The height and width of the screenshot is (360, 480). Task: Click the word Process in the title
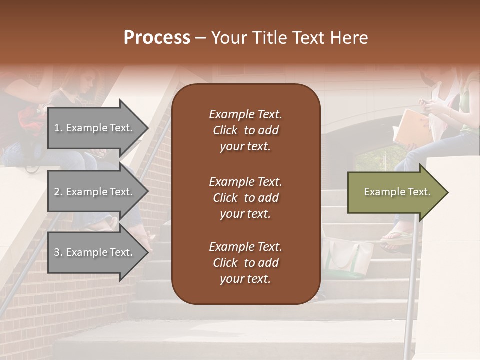[157, 38]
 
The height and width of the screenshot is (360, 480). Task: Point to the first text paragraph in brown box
[245, 130]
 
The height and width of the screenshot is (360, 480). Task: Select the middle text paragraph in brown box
[245, 198]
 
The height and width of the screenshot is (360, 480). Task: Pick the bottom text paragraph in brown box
[245, 263]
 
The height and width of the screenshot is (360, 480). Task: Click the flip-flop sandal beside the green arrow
[397, 237]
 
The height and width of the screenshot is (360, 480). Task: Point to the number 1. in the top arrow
[58, 128]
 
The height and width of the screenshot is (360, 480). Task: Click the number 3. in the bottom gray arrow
[58, 252]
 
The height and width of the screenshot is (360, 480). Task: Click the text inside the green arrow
[397, 192]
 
